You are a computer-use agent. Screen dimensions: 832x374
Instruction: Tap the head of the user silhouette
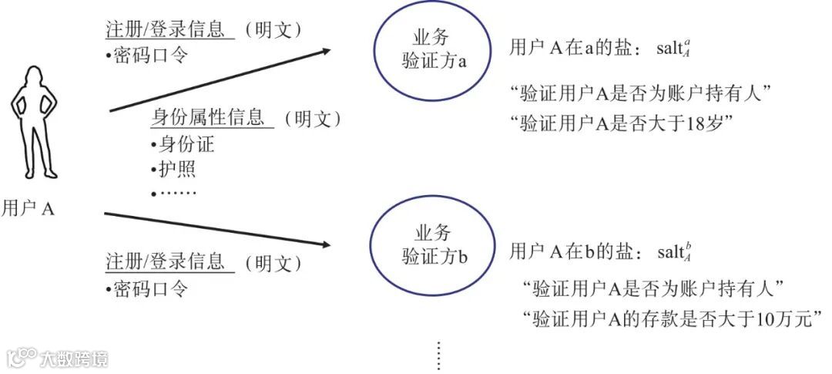click(x=35, y=76)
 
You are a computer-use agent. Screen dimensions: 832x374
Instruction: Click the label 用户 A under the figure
click(x=28, y=208)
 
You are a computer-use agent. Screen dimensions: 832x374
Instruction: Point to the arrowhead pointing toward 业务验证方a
click(x=326, y=51)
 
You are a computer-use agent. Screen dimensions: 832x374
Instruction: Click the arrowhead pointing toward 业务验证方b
click(x=326, y=245)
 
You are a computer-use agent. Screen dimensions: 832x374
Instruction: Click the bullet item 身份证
click(x=186, y=144)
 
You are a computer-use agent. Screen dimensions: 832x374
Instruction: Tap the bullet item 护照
click(x=176, y=169)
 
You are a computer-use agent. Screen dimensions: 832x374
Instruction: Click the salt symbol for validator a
click(x=675, y=49)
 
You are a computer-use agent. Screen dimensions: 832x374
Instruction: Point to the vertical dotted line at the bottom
click(x=439, y=355)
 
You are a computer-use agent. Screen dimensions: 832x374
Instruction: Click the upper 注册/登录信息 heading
click(x=165, y=29)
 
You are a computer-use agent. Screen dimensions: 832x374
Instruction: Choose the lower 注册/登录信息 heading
click(x=165, y=261)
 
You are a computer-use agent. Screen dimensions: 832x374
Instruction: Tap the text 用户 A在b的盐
click(x=574, y=251)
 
